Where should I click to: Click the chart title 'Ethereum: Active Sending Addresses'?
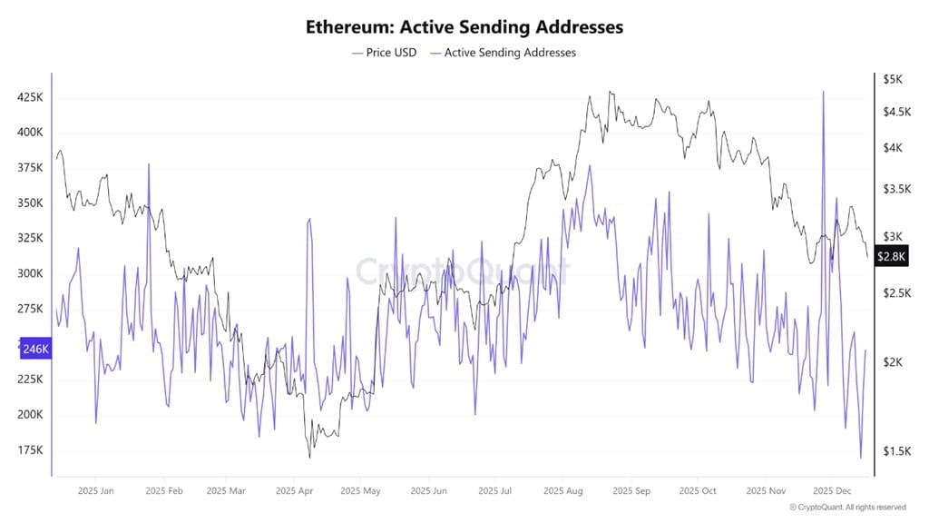(x=464, y=27)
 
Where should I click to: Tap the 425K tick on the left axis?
(x=31, y=97)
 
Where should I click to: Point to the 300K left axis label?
(x=31, y=273)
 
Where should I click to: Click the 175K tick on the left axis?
(x=31, y=450)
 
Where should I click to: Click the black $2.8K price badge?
(x=893, y=257)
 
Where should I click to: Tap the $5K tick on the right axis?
(x=893, y=80)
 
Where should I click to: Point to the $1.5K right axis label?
(x=896, y=451)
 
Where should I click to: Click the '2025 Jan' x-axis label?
(x=95, y=491)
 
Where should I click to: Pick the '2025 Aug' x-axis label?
(x=562, y=491)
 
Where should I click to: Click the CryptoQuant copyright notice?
(x=847, y=508)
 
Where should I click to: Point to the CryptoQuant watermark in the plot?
(x=463, y=270)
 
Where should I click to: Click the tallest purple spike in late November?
(x=823, y=92)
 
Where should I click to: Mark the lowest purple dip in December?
(x=860, y=459)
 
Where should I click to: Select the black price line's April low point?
(x=310, y=456)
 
